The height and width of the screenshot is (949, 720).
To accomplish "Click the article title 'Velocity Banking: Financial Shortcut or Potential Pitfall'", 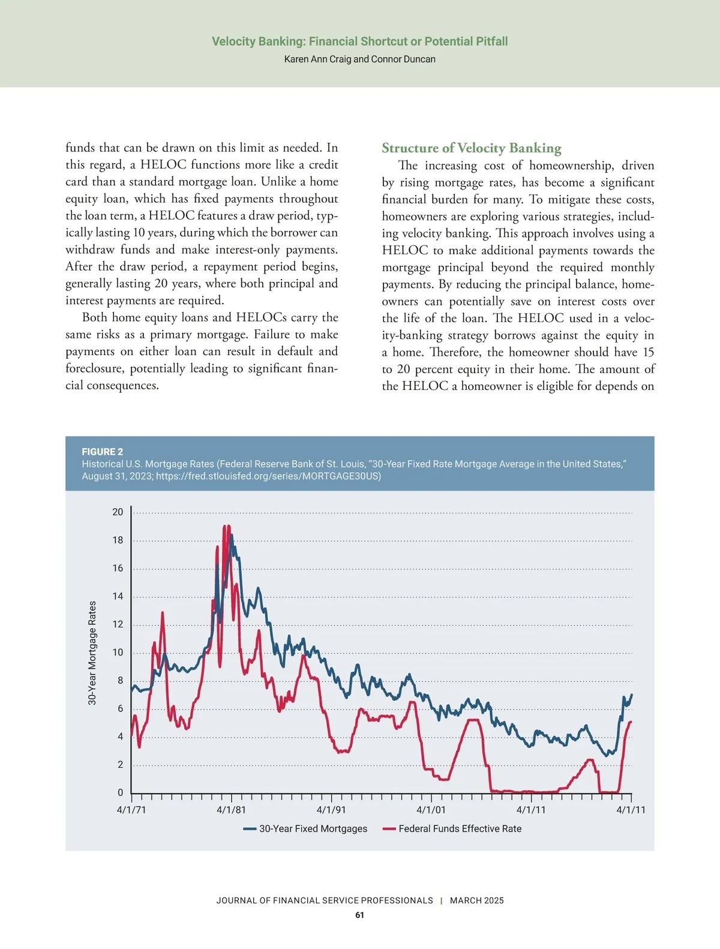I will pos(359,41).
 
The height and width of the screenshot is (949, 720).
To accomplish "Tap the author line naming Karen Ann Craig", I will pos(359,59).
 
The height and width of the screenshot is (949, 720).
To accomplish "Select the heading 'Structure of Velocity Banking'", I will pos(472,148).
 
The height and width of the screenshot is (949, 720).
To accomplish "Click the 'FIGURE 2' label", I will pos(102,452).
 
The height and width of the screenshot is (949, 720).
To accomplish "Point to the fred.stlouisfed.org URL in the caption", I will pos(268,476).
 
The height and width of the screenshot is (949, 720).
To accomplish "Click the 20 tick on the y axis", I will pos(118,512).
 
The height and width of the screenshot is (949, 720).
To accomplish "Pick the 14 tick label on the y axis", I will pos(118,596).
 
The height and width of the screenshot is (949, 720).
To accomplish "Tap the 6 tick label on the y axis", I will pos(120,708).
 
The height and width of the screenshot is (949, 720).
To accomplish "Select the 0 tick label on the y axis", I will pos(120,792).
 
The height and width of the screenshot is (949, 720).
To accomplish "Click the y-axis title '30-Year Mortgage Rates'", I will pos(92,653).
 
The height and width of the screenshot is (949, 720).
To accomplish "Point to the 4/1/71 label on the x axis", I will pos(131,810).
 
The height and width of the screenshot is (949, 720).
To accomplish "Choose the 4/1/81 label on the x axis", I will pos(231,810).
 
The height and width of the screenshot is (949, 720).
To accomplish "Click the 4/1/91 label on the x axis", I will pos(331,810).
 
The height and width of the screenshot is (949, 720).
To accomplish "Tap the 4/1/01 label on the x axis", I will pos(431,810).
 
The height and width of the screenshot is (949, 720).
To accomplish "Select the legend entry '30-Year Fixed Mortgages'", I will pos(313,828).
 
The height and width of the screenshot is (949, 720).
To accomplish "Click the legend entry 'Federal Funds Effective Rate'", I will pos(460,828).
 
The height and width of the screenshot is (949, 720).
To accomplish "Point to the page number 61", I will pos(359,915).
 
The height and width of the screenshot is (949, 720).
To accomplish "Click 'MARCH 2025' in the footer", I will pos(477,900).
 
